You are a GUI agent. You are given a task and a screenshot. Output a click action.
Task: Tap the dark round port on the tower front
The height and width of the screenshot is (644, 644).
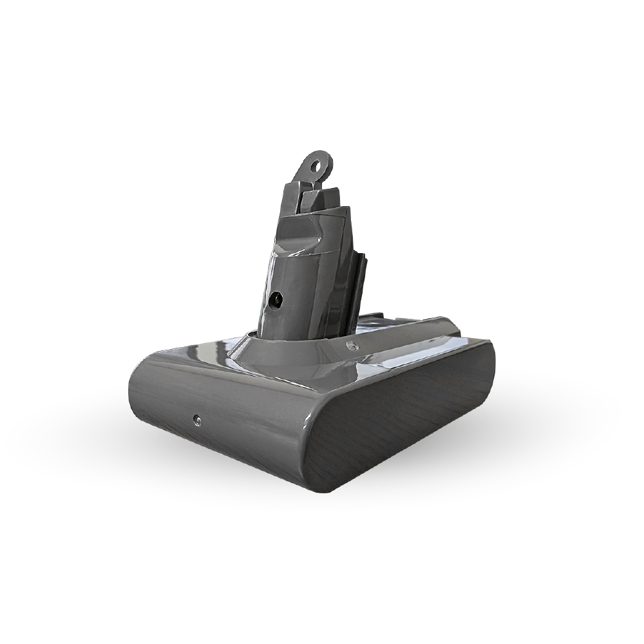coord(277,299)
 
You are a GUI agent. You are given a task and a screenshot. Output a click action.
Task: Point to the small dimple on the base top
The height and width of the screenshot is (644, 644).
coord(350,345)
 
